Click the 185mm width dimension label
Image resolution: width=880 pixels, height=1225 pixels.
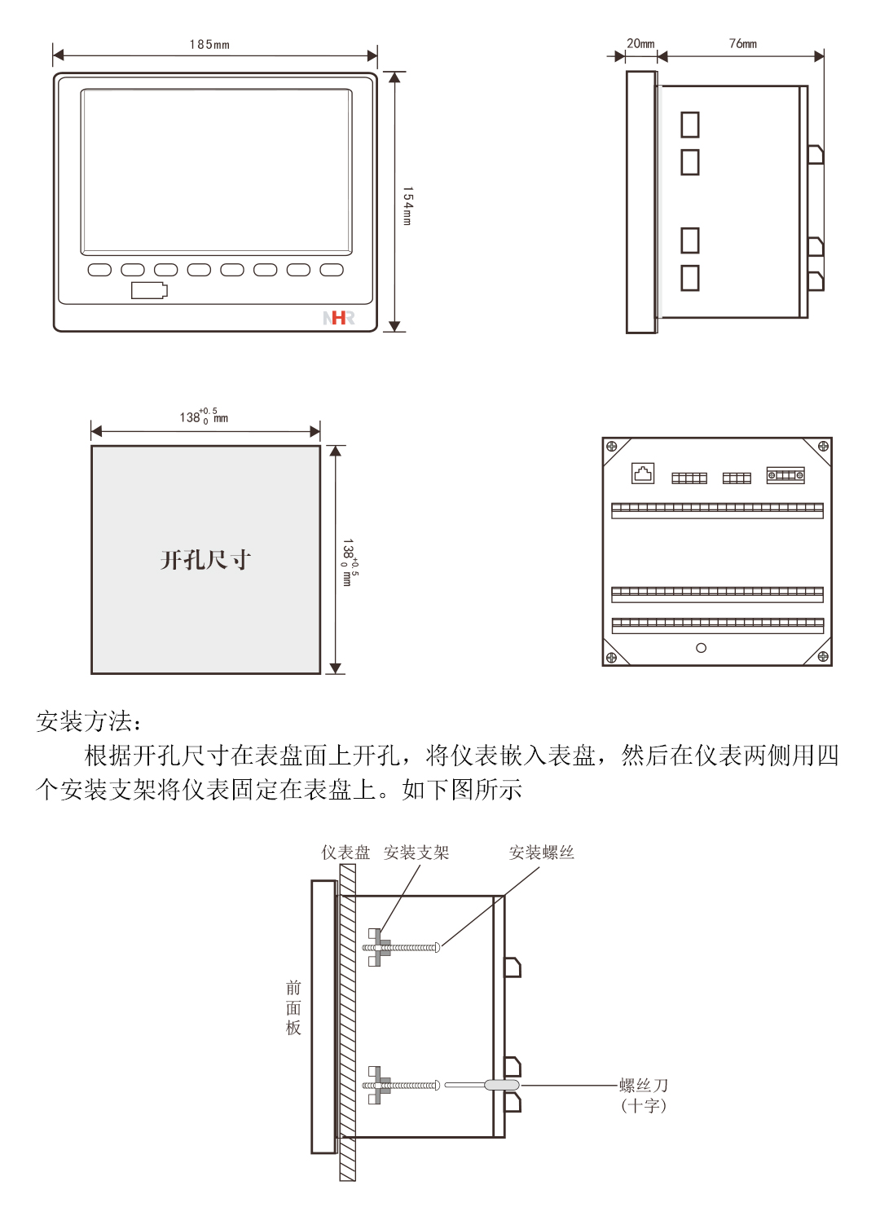(209, 45)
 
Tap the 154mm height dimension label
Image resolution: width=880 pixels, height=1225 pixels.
(407, 205)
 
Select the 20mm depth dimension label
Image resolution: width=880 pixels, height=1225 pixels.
(640, 44)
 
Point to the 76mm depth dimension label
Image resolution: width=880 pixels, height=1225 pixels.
(742, 44)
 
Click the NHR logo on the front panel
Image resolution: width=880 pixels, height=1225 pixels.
(339, 318)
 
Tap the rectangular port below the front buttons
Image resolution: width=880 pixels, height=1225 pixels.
(149, 290)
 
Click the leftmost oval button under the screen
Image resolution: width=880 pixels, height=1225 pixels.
(99, 270)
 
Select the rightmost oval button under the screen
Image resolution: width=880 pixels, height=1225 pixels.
(332, 270)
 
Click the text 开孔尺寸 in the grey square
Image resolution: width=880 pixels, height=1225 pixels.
(205, 560)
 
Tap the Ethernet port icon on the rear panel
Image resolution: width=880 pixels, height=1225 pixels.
(643, 474)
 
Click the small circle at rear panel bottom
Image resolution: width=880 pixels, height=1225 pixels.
(701, 648)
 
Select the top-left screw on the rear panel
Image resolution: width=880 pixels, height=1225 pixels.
(612, 447)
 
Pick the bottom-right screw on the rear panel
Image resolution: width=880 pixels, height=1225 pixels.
(823, 656)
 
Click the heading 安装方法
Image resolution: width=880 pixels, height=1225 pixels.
(89, 721)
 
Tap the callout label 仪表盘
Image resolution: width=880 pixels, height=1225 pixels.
(345, 853)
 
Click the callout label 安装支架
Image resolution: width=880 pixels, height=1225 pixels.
(416, 853)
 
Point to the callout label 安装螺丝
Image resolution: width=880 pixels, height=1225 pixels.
(542, 853)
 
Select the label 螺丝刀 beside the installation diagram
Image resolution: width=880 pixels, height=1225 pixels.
(644, 1086)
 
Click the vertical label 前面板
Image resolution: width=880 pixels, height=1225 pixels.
(293, 1008)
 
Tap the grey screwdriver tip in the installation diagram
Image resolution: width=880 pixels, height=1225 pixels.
(501, 1085)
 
